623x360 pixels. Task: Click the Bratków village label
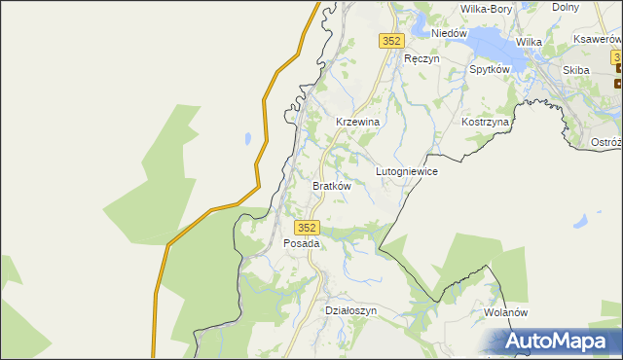click(x=331, y=185)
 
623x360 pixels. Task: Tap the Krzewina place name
click(x=356, y=122)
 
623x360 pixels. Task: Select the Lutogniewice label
click(x=406, y=171)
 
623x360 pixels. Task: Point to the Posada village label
click(x=301, y=243)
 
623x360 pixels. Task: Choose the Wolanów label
click(x=504, y=313)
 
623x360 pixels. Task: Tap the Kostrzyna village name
click(x=486, y=123)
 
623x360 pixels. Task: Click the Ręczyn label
click(x=421, y=58)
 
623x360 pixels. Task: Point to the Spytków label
click(x=490, y=70)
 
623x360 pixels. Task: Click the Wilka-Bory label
click(x=486, y=9)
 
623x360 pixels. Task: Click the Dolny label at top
click(x=566, y=6)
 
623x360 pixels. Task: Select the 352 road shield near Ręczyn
click(x=390, y=40)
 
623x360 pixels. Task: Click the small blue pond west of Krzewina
click(x=250, y=138)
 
